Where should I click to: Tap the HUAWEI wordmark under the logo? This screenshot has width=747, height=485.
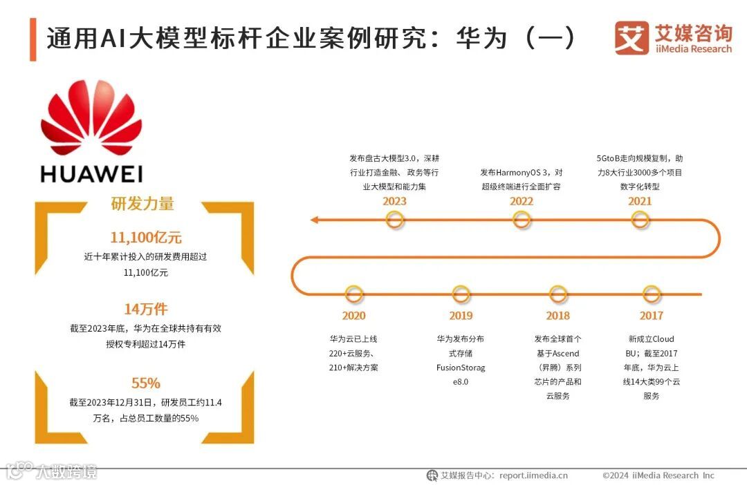[x=91, y=173]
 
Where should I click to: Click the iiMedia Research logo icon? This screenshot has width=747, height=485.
[x=631, y=38]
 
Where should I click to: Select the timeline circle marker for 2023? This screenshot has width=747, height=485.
[x=394, y=220]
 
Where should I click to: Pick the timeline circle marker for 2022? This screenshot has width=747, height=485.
[x=522, y=220]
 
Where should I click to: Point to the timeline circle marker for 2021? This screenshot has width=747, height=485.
[x=640, y=220]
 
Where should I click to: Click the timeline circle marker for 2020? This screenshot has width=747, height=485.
[x=353, y=294]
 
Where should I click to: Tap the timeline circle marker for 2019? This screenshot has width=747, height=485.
[x=461, y=294]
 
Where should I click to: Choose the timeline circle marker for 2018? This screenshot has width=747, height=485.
[x=557, y=294]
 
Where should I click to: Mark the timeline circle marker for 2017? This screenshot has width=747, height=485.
[x=651, y=294]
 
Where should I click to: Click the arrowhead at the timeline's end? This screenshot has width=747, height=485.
[x=314, y=220]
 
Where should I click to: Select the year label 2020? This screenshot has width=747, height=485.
[x=353, y=316]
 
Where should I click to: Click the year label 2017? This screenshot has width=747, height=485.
[x=651, y=316]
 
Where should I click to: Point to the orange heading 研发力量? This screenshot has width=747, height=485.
[x=142, y=204]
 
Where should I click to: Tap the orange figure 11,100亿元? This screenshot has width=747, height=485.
[x=146, y=238]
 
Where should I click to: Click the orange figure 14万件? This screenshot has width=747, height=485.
[x=146, y=309]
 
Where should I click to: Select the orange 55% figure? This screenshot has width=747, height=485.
[x=146, y=383]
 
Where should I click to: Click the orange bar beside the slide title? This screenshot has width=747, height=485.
[x=33, y=39]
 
